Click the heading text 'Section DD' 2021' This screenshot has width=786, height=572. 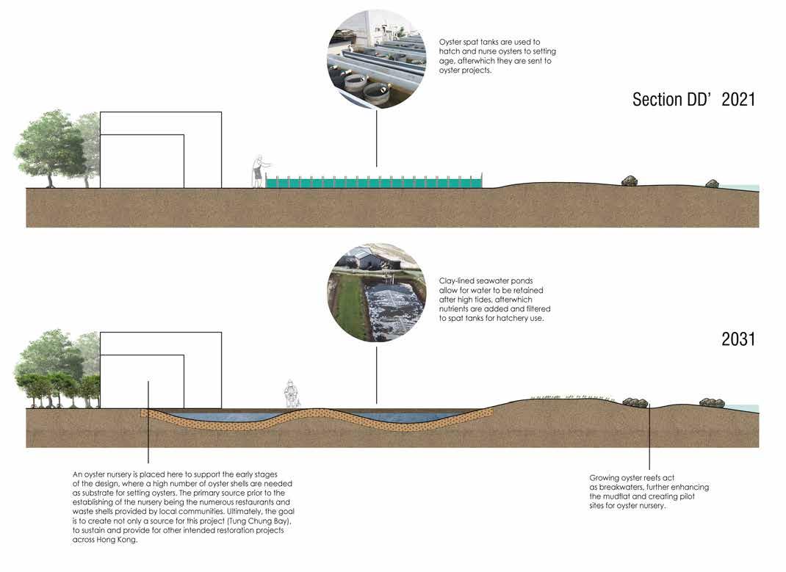click(693, 99)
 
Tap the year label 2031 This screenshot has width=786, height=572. click(738, 339)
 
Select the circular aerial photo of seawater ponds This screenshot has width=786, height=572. click(376, 292)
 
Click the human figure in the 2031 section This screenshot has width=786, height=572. click(292, 394)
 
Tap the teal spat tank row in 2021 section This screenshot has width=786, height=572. click(375, 181)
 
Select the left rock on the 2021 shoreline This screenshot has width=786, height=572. click(630, 181)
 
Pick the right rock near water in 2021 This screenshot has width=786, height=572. click(712, 184)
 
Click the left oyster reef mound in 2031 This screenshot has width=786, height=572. click(635, 402)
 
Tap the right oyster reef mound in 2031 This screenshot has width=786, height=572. click(712, 402)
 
